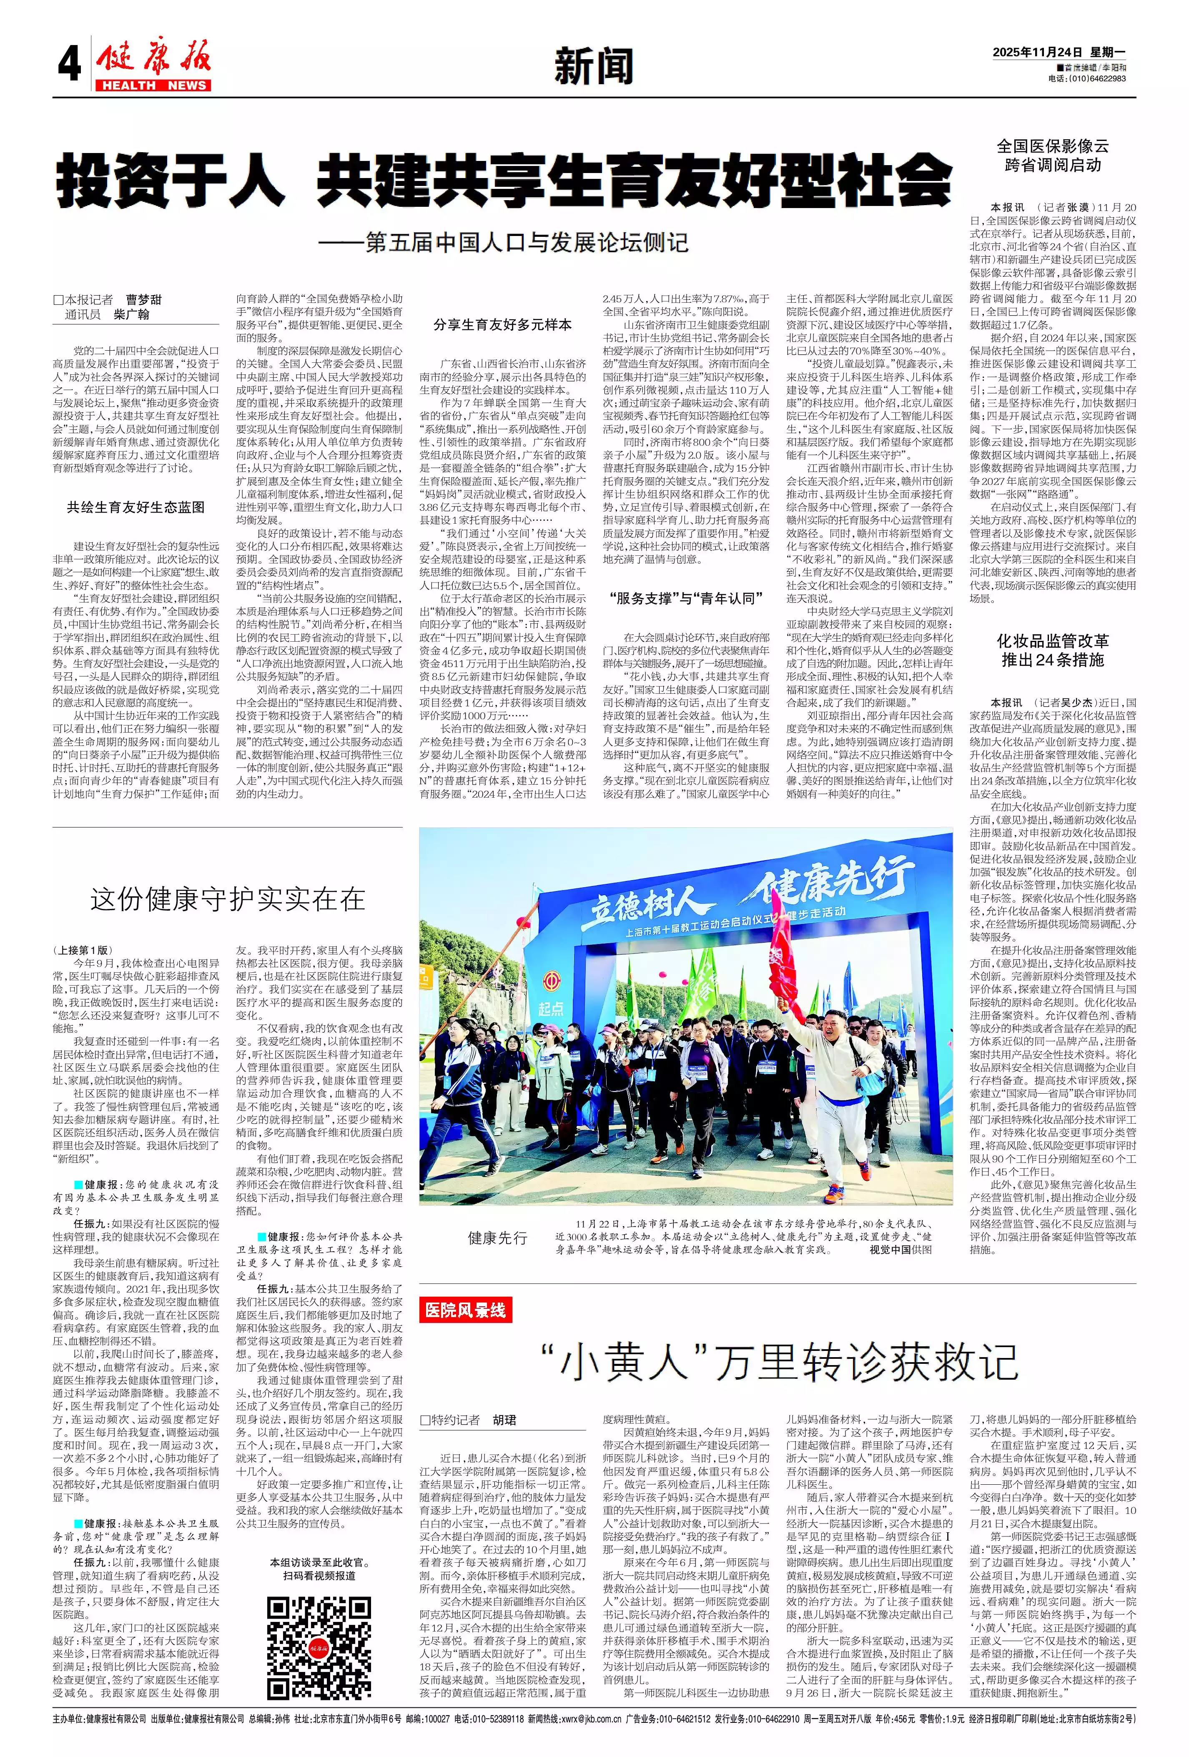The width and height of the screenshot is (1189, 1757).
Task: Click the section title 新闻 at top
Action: coord(593,67)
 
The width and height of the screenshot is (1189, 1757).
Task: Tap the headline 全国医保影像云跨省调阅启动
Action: coord(1052,156)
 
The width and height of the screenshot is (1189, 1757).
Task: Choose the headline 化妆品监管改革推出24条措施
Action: coord(1052,650)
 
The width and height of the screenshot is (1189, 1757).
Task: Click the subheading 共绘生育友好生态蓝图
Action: coord(135,507)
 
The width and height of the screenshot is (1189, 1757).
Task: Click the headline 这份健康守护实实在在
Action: coord(228,900)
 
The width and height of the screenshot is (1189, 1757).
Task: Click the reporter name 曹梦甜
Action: coord(143,300)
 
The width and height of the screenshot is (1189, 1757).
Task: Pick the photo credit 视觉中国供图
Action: coord(900,1250)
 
